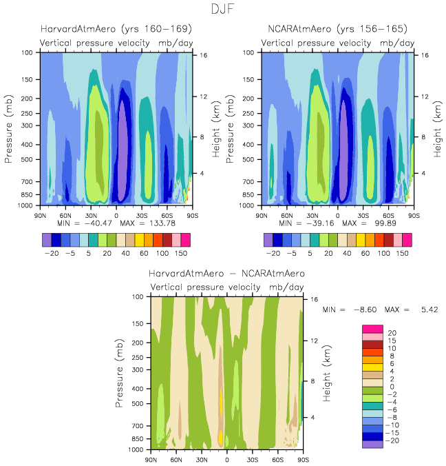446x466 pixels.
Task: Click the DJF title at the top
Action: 223,10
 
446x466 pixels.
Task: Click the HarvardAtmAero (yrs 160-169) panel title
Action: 116,28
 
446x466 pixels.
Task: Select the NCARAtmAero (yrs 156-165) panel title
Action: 337,28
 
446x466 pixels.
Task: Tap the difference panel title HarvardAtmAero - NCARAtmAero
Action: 226,274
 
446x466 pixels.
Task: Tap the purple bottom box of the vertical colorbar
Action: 372,444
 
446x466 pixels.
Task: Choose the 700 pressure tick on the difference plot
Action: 136,426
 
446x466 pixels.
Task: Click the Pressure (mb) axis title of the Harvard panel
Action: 10,129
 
